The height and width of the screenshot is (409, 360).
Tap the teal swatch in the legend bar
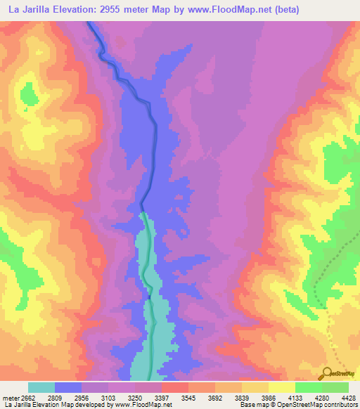[41, 387]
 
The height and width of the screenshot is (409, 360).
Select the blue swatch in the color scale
[68, 387]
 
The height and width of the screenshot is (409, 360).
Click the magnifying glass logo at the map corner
[328, 373]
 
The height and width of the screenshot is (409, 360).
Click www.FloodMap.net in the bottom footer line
[145, 405]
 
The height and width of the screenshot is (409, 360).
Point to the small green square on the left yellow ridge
[25, 110]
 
